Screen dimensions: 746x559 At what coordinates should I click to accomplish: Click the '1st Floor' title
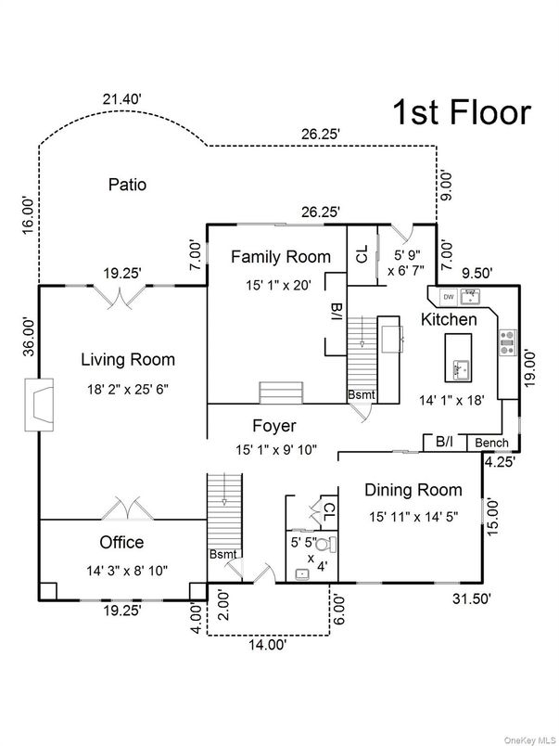pos(463,112)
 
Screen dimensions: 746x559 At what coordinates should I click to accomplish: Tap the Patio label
pos(127,185)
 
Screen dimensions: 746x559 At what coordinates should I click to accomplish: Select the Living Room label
pos(127,359)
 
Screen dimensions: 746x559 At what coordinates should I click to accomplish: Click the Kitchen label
pos(450,319)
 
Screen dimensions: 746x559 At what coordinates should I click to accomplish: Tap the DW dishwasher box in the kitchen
pos(448,297)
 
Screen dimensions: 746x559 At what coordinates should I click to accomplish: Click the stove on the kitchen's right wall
pos(508,344)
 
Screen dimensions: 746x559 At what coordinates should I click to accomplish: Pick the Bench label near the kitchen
pos(491,444)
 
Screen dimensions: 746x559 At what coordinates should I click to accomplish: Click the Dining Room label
pos(413,490)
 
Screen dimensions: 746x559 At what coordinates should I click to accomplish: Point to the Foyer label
pos(274,426)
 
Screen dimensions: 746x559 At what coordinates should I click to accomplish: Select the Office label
pos(121,542)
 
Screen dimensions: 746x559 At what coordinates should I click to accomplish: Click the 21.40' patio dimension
pos(125,99)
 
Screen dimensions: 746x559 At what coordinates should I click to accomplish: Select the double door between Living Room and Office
pos(122,509)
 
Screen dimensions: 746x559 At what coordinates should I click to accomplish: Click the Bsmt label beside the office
pos(223,554)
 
